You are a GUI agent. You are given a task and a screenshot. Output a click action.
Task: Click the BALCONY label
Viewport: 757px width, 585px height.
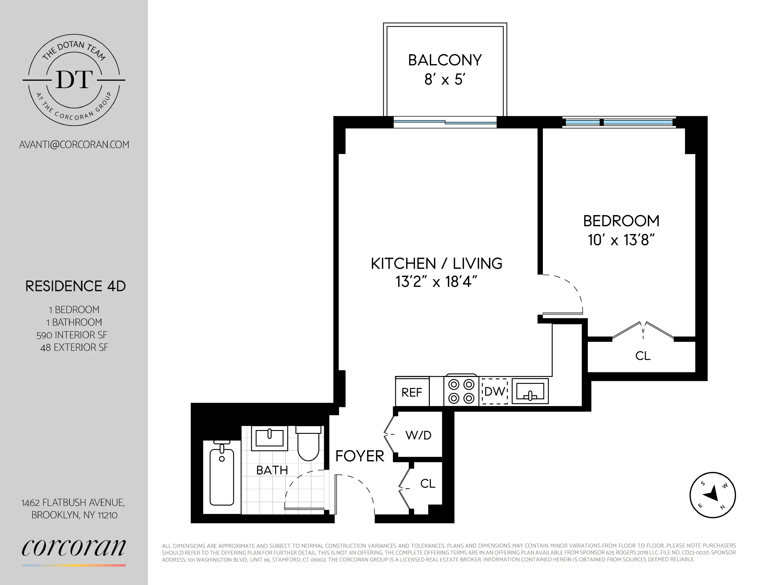pyautogui.click(x=445, y=60)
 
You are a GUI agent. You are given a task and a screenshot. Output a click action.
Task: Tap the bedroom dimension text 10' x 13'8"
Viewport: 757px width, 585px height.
pyautogui.click(x=621, y=240)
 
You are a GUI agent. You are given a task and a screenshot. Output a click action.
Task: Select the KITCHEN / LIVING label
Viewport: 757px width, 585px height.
pyautogui.click(x=436, y=264)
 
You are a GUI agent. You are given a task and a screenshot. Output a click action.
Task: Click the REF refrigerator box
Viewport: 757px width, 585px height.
pyautogui.click(x=412, y=392)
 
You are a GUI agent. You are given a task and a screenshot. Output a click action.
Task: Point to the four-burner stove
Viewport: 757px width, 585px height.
pyautogui.click(x=461, y=391)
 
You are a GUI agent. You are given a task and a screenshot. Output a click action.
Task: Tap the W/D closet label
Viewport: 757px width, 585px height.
pyautogui.click(x=418, y=435)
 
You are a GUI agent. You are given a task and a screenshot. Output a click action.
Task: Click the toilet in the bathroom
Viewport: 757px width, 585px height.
pyautogui.click(x=308, y=444)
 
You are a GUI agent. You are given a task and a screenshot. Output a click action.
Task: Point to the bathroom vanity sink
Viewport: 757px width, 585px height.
pyautogui.click(x=269, y=438)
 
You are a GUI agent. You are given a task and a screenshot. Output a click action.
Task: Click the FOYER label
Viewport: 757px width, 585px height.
pyautogui.click(x=360, y=456)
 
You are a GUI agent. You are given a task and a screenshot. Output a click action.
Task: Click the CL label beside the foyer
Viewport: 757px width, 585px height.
pyautogui.click(x=427, y=484)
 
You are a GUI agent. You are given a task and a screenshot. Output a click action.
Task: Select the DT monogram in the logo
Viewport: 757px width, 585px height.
pyautogui.click(x=74, y=80)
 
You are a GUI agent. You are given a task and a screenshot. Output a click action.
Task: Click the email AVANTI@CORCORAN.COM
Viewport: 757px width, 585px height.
pyautogui.click(x=74, y=145)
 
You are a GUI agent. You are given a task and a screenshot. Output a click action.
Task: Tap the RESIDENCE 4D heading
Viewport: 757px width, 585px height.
pyautogui.click(x=75, y=286)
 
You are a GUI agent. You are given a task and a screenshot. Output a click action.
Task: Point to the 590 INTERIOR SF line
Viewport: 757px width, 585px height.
pyautogui.click(x=72, y=335)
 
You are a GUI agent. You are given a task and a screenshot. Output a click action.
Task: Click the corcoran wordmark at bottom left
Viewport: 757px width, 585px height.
pyautogui.click(x=73, y=547)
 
